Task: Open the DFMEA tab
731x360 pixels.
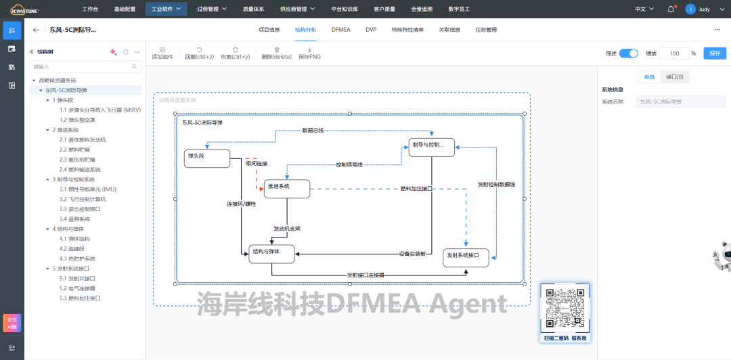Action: click(x=341, y=30)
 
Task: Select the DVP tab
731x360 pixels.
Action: click(x=371, y=30)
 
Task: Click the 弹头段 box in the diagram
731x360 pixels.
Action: click(x=206, y=158)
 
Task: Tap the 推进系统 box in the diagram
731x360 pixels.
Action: click(x=286, y=189)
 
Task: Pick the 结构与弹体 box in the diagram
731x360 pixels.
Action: click(x=272, y=254)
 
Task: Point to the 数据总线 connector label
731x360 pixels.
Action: click(x=313, y=130)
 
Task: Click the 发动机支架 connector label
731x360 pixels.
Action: click(x=287, y=228)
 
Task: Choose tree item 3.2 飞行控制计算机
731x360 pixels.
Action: click(x=83, y=200)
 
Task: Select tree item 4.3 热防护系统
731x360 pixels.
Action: click(x=77, y=258)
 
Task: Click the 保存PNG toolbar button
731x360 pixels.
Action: click(x=309, y=53)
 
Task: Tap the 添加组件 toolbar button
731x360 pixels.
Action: click(x=162, y=53)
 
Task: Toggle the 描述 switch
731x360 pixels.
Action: click(x=629, y=53)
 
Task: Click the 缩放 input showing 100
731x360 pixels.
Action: click(x=673, y=53)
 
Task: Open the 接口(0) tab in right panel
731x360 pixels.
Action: click(x=674, y=77)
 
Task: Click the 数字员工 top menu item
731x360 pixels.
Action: click(x=459, y=9)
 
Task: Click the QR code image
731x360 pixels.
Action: click(x=564, y=309)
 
